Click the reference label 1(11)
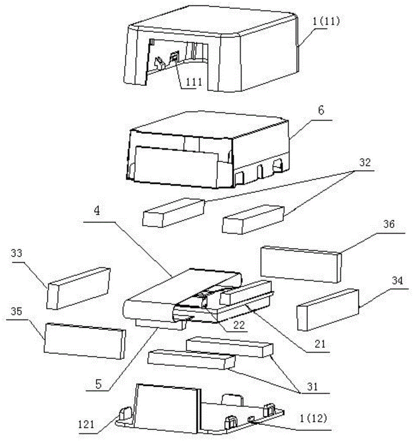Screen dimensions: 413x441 [326, 21]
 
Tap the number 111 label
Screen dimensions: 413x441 [194, 82]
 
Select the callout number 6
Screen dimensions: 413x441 [321, 111]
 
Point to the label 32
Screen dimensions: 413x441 [365, 163]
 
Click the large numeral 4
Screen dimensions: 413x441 [97, 210]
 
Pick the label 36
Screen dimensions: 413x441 [389, 224]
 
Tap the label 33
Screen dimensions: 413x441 [16, 253]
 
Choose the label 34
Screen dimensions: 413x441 [397, 280]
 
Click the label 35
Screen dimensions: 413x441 [16, 312]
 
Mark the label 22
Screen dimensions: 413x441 [240, 325]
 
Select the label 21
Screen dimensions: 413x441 [320, 344]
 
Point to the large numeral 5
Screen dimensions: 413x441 [98, 384]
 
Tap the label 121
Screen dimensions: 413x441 [86, 424]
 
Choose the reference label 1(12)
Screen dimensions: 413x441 [313, 419]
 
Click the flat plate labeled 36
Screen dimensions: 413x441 [301, 264]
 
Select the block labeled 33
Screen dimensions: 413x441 [78, 288]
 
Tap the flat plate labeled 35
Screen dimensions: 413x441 [85, 341]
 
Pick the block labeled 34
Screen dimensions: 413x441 [328, 310]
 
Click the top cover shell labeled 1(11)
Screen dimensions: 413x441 [211, 49]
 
